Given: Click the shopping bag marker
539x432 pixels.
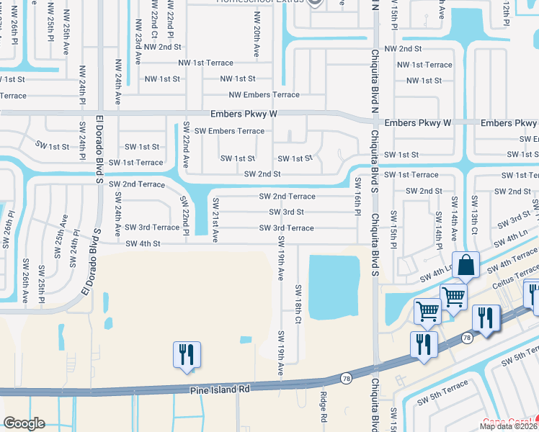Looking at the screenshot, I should (x=466, y=265).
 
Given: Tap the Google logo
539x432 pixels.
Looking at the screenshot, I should (x=24, y=423).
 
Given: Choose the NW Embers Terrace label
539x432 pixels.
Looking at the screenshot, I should (x=264, y=95).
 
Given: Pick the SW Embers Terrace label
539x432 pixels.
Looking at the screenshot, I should (x=229, y=131).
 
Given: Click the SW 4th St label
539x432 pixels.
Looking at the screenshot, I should (x=142, y=244).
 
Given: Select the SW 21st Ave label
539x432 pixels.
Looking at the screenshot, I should (x=215, y=225).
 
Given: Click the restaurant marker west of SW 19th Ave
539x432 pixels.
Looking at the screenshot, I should (x=186, y=355).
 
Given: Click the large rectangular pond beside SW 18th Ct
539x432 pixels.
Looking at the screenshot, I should (x=334, y=287).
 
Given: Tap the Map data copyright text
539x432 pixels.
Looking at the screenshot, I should (x=507, y=426).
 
